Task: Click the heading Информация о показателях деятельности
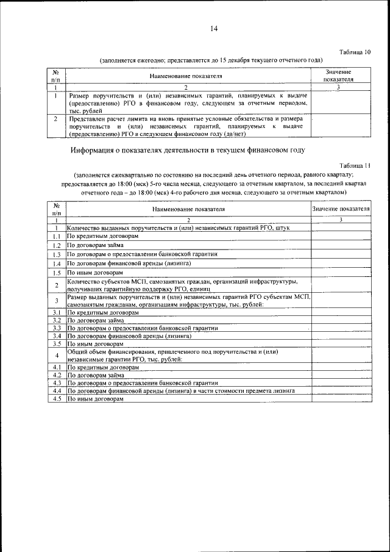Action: point(186,149)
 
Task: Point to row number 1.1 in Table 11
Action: point(55,236)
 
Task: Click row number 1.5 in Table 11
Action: point(55,273)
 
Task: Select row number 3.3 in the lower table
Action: point(55,328)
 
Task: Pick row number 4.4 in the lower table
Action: point(55,390)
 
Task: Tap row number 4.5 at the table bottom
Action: point(55,398)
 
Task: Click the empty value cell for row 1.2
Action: point(341,245)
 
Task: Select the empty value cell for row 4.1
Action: point(341,368)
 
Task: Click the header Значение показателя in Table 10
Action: point(338,75)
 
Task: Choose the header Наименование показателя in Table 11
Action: point(188,209)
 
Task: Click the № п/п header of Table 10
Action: point(55,75)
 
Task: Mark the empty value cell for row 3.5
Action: point(341,344)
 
